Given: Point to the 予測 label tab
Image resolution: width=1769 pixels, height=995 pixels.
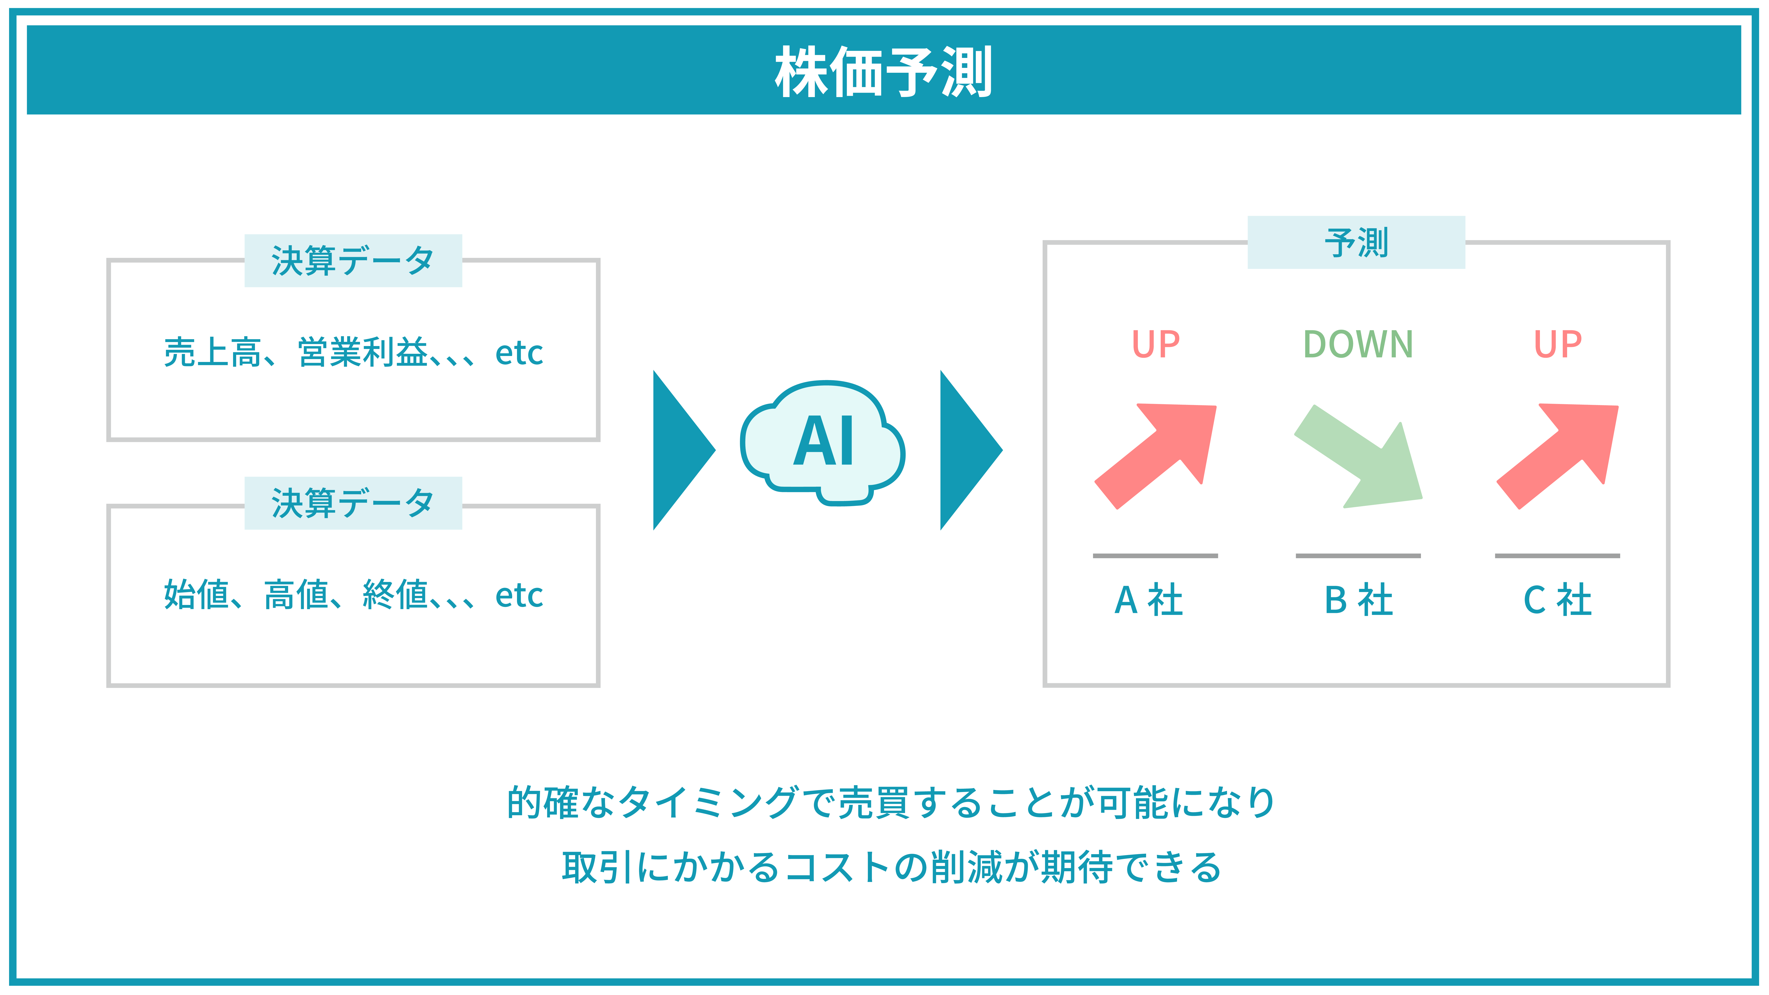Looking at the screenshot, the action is pos(1356,242).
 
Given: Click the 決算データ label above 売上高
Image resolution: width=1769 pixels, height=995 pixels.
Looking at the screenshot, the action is pos(353,261).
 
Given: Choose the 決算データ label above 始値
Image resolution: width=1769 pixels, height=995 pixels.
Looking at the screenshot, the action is pos(353,503).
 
